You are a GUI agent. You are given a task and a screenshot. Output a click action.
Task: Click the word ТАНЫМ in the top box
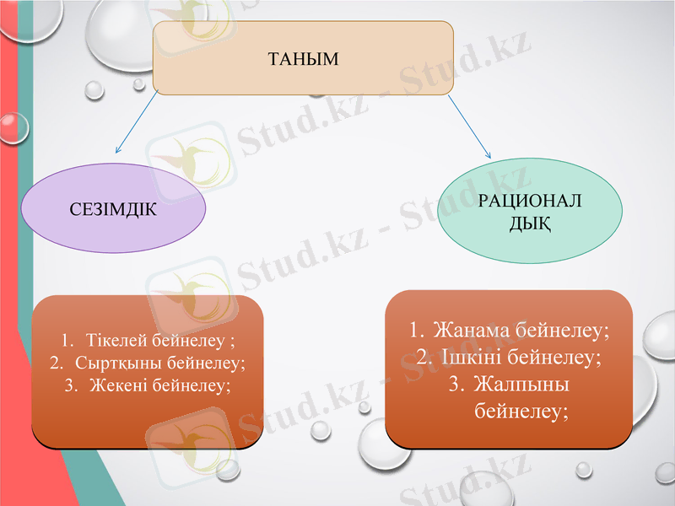[x=302, y=59]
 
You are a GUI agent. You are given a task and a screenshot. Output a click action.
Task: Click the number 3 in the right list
[x=456, y=385]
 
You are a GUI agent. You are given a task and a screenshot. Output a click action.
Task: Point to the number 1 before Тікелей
[x=66, y=342]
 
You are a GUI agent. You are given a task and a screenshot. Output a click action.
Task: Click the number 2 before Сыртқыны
[x=56, y=363]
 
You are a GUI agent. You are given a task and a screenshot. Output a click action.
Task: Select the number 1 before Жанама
[x=415, y=329]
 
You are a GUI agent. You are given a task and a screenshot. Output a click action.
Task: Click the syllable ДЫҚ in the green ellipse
[x=530, y=223]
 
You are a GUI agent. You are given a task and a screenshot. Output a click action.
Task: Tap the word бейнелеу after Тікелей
[x=189, y=342]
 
